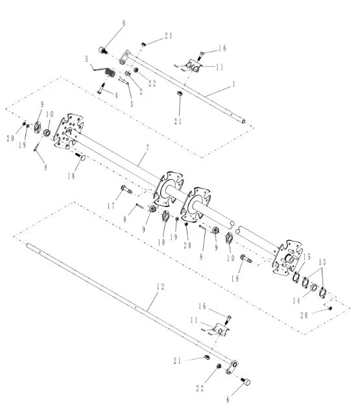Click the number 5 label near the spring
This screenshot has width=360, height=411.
click(86, 58)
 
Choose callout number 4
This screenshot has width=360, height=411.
click(116, 94)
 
